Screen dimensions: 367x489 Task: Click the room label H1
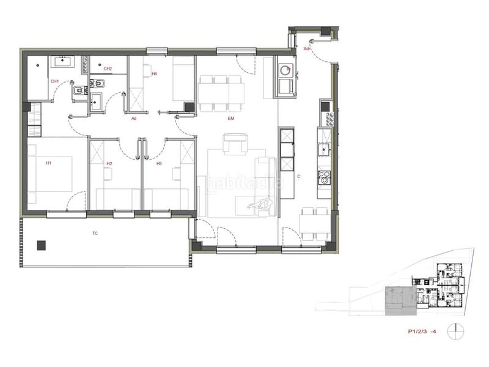point(48,163)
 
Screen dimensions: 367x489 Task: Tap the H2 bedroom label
point(109,163)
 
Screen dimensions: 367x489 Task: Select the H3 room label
point(159,163)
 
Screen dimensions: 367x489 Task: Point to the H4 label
point(154,73)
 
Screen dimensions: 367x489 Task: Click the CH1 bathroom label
point(54,81)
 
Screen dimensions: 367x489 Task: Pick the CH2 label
point(108,69)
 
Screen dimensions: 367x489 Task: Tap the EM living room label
point(231,118)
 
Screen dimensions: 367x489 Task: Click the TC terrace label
point(95,233)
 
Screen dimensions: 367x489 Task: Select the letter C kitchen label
point(298,177)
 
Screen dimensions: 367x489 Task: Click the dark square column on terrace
point(41,245)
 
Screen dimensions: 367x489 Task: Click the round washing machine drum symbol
point(284,70)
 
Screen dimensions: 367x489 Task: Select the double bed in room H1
point(51,174)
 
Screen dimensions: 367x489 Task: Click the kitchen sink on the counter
point(324,148)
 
